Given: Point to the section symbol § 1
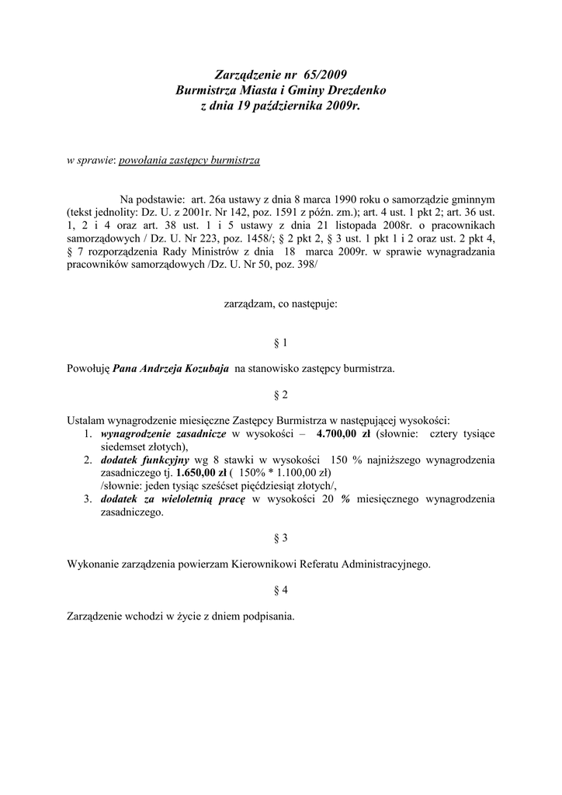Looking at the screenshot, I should click(281, 342).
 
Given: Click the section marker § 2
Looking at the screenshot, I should click(281, 394).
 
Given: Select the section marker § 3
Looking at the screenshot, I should click(281, 538).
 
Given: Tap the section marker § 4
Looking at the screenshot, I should click(281, 590).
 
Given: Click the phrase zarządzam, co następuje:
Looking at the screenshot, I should click(281, 305).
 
